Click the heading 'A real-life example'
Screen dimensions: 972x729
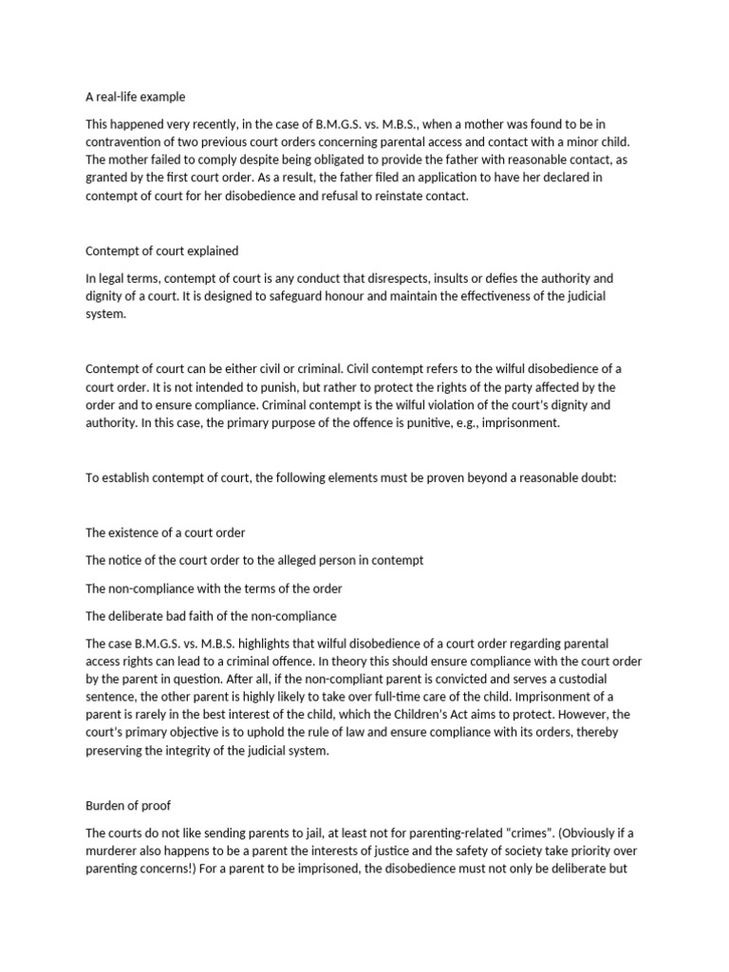(136, 97)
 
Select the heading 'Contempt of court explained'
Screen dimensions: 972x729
(161, 252)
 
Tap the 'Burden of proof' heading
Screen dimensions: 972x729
(129, 805)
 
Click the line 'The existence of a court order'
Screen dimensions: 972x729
(165, 533)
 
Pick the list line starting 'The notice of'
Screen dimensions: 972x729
(254, 560)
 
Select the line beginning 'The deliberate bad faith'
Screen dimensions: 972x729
(211, 616)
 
